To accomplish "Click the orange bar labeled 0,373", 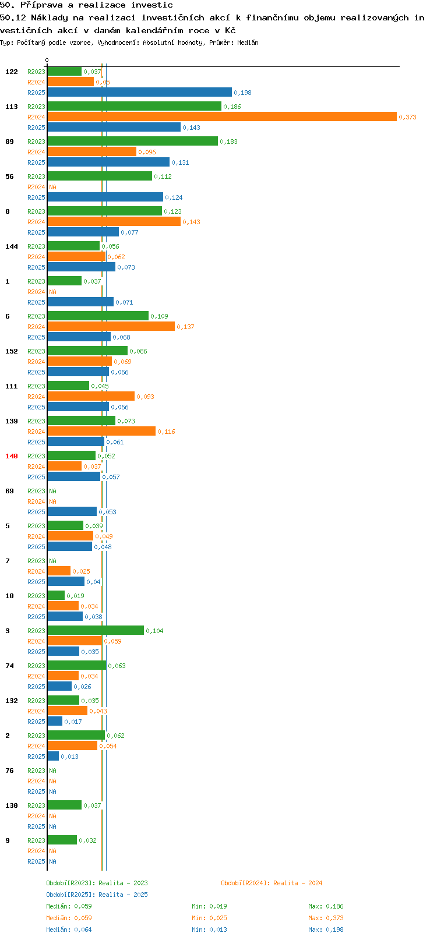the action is point(222,116).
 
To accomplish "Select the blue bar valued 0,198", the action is point(140,93).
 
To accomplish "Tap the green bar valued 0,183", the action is point(133,142).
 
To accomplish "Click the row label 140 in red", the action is point(11,456).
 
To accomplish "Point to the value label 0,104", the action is point(154,631).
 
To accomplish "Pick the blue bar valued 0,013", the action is point(53,756).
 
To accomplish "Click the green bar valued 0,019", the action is point(57,595).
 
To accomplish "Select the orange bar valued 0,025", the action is point(59,571).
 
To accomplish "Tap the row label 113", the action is point(11,107).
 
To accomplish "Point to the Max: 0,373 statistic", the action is point(326,918).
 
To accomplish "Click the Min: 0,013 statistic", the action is point(210,930).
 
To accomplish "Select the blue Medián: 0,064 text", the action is point(69,930).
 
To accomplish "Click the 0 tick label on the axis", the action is point(47,60).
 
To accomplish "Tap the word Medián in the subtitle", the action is point(248,43).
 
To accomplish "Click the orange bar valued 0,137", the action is point(111,327).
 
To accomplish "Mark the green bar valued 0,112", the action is point(100,176).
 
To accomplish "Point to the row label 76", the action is point(9,771).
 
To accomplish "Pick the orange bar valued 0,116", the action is point(101,432).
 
